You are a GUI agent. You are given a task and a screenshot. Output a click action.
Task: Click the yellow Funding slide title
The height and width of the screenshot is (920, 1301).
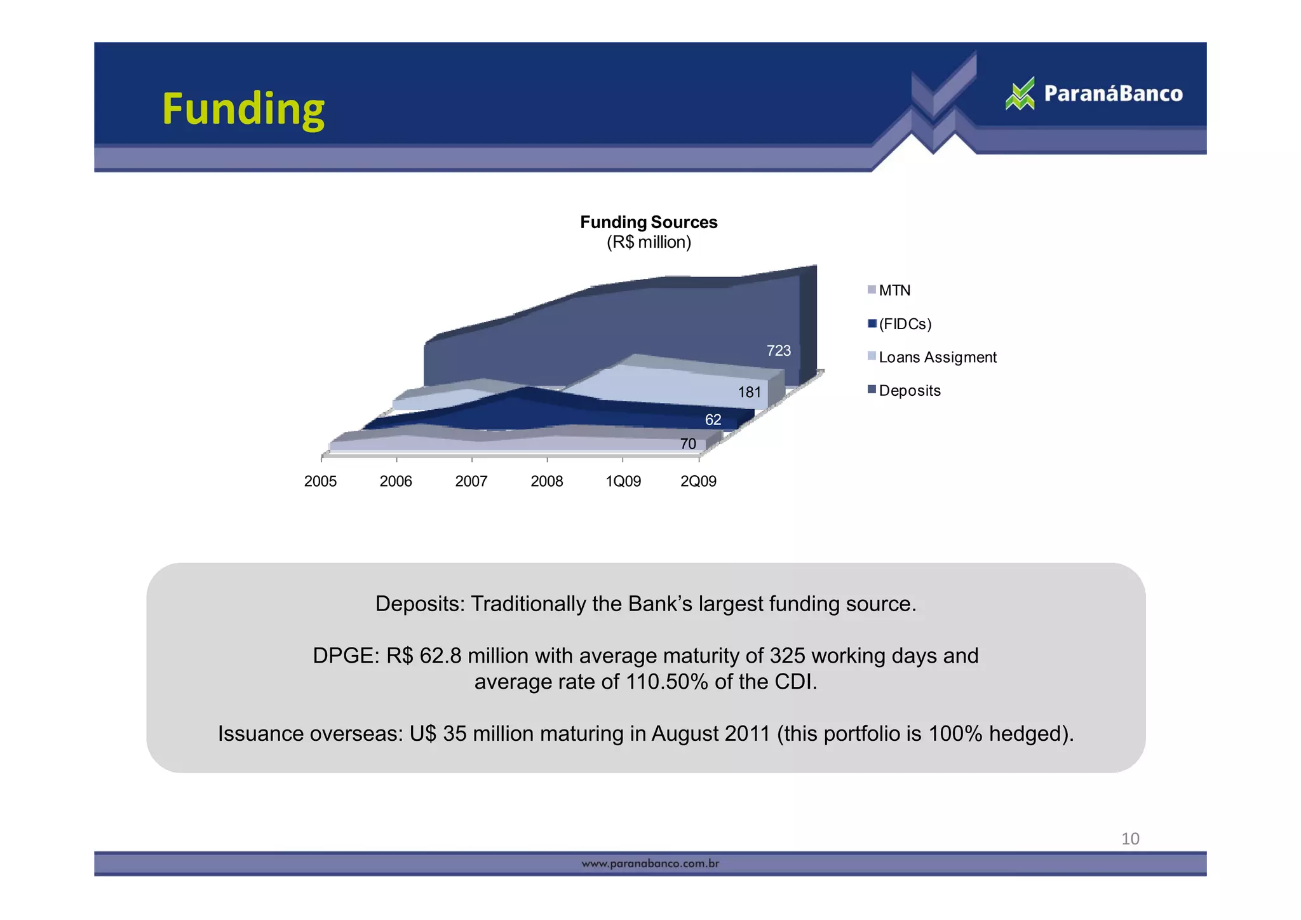click(x=243, y=109)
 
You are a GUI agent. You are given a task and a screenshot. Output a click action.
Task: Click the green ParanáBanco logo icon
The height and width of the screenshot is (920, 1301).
click(x=1020, y=94)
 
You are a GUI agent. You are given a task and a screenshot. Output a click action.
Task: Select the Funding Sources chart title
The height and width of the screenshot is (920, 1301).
click(x=649, y=222)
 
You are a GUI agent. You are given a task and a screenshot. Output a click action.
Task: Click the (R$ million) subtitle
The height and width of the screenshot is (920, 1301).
click(x=649, y=242)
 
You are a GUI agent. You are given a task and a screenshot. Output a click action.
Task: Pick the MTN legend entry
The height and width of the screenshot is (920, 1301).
click(x=894, y=290)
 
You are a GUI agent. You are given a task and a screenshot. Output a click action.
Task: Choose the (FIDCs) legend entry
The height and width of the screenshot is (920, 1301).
click(x=905, y=324)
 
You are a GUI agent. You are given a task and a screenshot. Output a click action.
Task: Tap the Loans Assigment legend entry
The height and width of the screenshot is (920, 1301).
click(x=937, y=357)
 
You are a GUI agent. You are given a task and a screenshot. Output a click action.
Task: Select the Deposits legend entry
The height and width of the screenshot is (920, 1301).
click(x=909, y=391)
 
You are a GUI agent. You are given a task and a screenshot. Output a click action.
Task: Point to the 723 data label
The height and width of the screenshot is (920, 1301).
click(x=779, y=351)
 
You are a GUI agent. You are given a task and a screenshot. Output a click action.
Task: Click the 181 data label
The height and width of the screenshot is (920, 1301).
click(x=750, y=393)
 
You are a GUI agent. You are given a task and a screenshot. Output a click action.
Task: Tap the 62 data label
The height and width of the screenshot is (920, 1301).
click(x=713, y=420)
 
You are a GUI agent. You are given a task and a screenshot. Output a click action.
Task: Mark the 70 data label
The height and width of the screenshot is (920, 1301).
click(x=688, y=444)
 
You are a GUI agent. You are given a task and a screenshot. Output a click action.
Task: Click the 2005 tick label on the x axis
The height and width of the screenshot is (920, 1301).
click(x=321, y=482)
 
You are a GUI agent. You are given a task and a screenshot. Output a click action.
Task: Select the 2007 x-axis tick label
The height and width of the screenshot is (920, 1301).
click(x=471, y=482)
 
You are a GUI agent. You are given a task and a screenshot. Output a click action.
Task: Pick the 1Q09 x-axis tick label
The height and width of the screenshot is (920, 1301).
click(x=623, y=482)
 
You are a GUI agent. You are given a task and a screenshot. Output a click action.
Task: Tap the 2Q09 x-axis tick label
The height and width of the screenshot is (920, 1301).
click(x=699, y=482)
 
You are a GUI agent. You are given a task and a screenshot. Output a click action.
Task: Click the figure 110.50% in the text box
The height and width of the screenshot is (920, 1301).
click(x=666, y=682)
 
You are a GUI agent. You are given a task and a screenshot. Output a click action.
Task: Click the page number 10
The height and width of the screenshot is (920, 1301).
click(x=1130, y=839)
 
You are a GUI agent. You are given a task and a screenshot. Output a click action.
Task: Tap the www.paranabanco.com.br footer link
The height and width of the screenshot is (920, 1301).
click(x=650, y=863)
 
